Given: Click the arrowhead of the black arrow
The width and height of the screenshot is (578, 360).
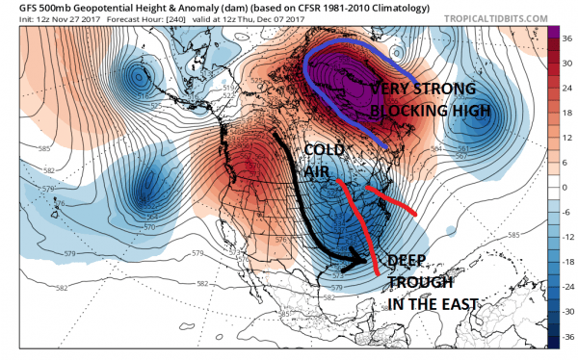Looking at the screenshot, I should (x=370, y=259).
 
